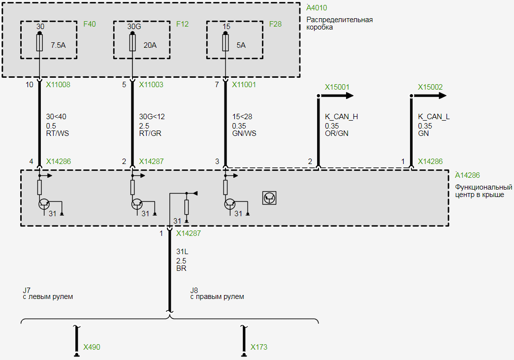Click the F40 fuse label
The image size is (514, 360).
coord(90,24)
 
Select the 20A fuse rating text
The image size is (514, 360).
coord(150,45)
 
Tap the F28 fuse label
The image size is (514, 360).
coord(275,24)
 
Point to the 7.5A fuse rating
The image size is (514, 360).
coord(58,45)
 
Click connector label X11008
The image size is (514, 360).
coord(58,85)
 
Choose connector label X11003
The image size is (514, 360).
coord(151,85)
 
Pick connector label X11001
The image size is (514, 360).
coord(244,85)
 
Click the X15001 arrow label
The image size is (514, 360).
coord(337,87)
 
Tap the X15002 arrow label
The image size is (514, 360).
coord(430,87)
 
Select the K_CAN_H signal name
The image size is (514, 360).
coord(341,117)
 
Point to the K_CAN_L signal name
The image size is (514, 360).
coord(434,117)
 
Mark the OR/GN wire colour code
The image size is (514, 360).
coord(336,133)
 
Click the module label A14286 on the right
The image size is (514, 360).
coord(467,175)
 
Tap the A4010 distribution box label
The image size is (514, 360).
coord(316,8)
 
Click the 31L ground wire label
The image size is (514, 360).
coord(182,252)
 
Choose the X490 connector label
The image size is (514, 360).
coord(92,347)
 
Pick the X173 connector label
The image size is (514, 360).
coord(259,347)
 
